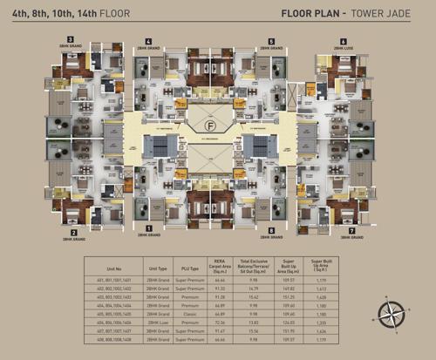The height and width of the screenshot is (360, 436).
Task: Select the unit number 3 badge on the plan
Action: pyautogui.click(x=74, y=41)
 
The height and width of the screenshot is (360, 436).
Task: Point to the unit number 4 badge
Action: pyautogui.click(x=149, y=41)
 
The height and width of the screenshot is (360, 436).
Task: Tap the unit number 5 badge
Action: pyautogui.click(x=273, y=41)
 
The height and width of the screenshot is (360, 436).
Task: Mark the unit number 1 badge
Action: pyautogui.click(x=149, y=228)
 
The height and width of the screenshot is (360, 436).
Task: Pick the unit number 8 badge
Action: pyautogui.click(x=273, y=228)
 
